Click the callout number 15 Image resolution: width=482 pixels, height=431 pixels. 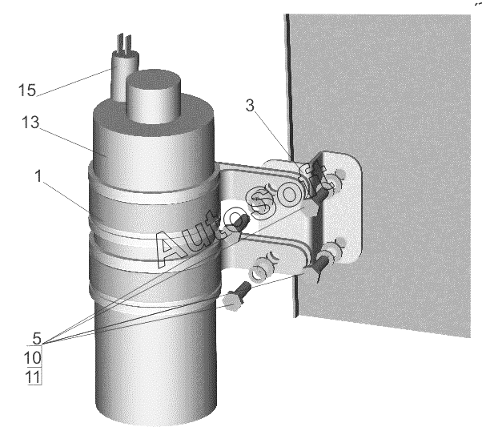(27, 91)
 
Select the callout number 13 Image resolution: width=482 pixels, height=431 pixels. (30, 123)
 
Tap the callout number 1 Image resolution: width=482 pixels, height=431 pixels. (38, 176)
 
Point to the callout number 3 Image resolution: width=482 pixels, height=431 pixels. (251, 106)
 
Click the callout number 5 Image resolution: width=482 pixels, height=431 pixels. (37, 338)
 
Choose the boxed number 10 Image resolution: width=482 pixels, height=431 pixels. (33, 357)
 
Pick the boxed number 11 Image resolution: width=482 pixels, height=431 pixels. (34, 377)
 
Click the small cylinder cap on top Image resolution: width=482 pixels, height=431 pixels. (154, 95)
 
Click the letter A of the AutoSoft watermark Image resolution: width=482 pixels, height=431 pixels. (171, 246)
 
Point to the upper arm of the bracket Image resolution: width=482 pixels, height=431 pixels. (258, 174)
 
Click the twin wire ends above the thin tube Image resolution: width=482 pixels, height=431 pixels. (124, 45)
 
